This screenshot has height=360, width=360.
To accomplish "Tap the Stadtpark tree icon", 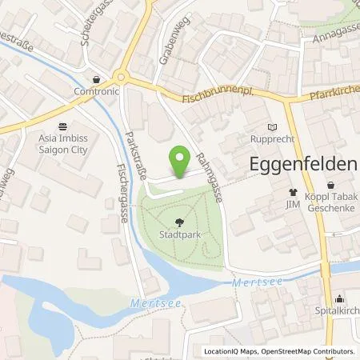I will [x=178, y=226].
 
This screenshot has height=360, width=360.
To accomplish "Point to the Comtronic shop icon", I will [x=97, y=80].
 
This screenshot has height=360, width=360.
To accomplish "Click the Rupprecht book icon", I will [x=272, y=126].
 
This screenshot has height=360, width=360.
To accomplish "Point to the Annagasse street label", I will [x=331, y=33].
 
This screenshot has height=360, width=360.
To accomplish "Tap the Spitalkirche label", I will [x=340, y=308].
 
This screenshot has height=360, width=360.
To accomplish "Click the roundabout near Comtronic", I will [x=121, y=78].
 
